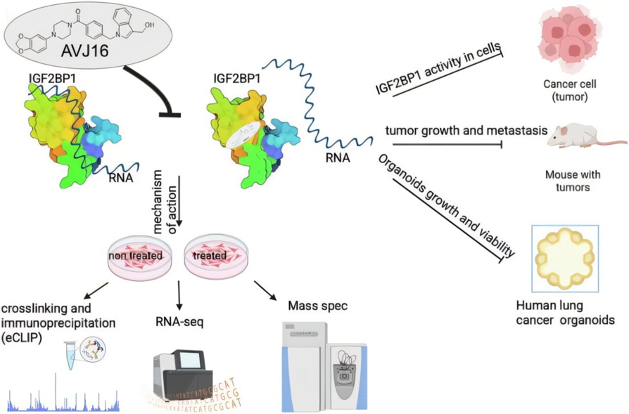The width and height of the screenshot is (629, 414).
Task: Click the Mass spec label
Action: click(x=317, y=306)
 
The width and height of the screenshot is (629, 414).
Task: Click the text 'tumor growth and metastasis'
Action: click(x=466, y=131)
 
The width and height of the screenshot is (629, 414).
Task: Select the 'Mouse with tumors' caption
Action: click(x=572, y=181)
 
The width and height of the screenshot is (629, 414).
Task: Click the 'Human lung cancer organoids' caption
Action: click(x=565, y=313)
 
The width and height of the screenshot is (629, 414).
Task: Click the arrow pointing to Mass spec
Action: click(x=264, y=290)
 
